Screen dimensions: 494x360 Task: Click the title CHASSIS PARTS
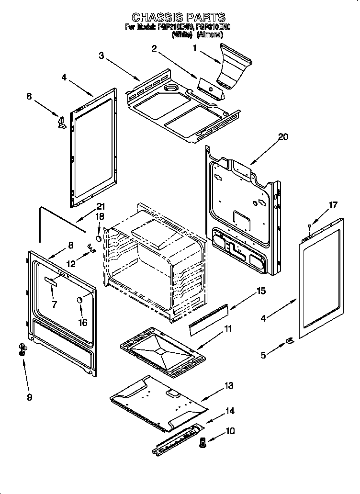click(x=178, y=18)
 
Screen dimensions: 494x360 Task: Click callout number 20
click(x=283, y=137)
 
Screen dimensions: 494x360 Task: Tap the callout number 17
click(x=332, y=205)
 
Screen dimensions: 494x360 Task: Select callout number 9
click(x=30, y=397)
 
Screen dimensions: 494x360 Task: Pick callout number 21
click(x=100, y=206)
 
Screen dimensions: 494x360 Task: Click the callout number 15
click(x=260, y=291)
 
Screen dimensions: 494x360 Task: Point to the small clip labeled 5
click(x=289, y=340)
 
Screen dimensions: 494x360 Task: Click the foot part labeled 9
click(x=22, y=349)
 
